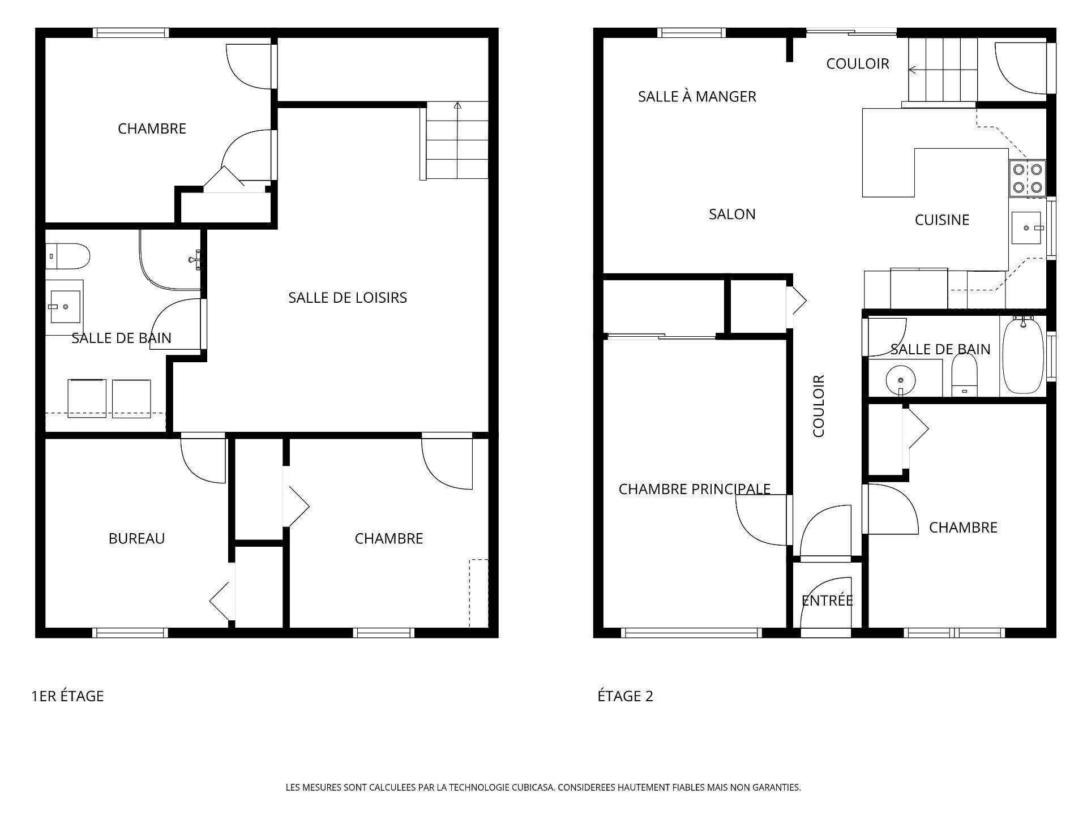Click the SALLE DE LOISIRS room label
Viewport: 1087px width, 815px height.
(347, 298)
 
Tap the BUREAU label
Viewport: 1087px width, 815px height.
(136, 538)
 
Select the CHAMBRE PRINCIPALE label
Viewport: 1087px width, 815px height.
(694, 489)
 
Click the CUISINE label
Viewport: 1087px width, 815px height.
(942, 220)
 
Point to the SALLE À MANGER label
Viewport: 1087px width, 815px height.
(697, 97)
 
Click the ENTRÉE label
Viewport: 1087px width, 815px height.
(827, 600)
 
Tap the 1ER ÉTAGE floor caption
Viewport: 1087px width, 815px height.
(67, 696)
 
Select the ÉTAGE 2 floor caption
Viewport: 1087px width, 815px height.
(625, 696)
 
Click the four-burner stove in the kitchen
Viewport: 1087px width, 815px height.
(1027, 178)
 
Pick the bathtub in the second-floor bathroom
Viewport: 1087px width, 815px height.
(1022, 357)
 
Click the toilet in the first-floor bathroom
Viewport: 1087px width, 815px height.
(68, 256)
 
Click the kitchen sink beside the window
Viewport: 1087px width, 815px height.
(1026, 228)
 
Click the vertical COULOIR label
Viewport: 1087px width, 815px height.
(819, 406)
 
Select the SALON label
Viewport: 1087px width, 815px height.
(732, 215)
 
